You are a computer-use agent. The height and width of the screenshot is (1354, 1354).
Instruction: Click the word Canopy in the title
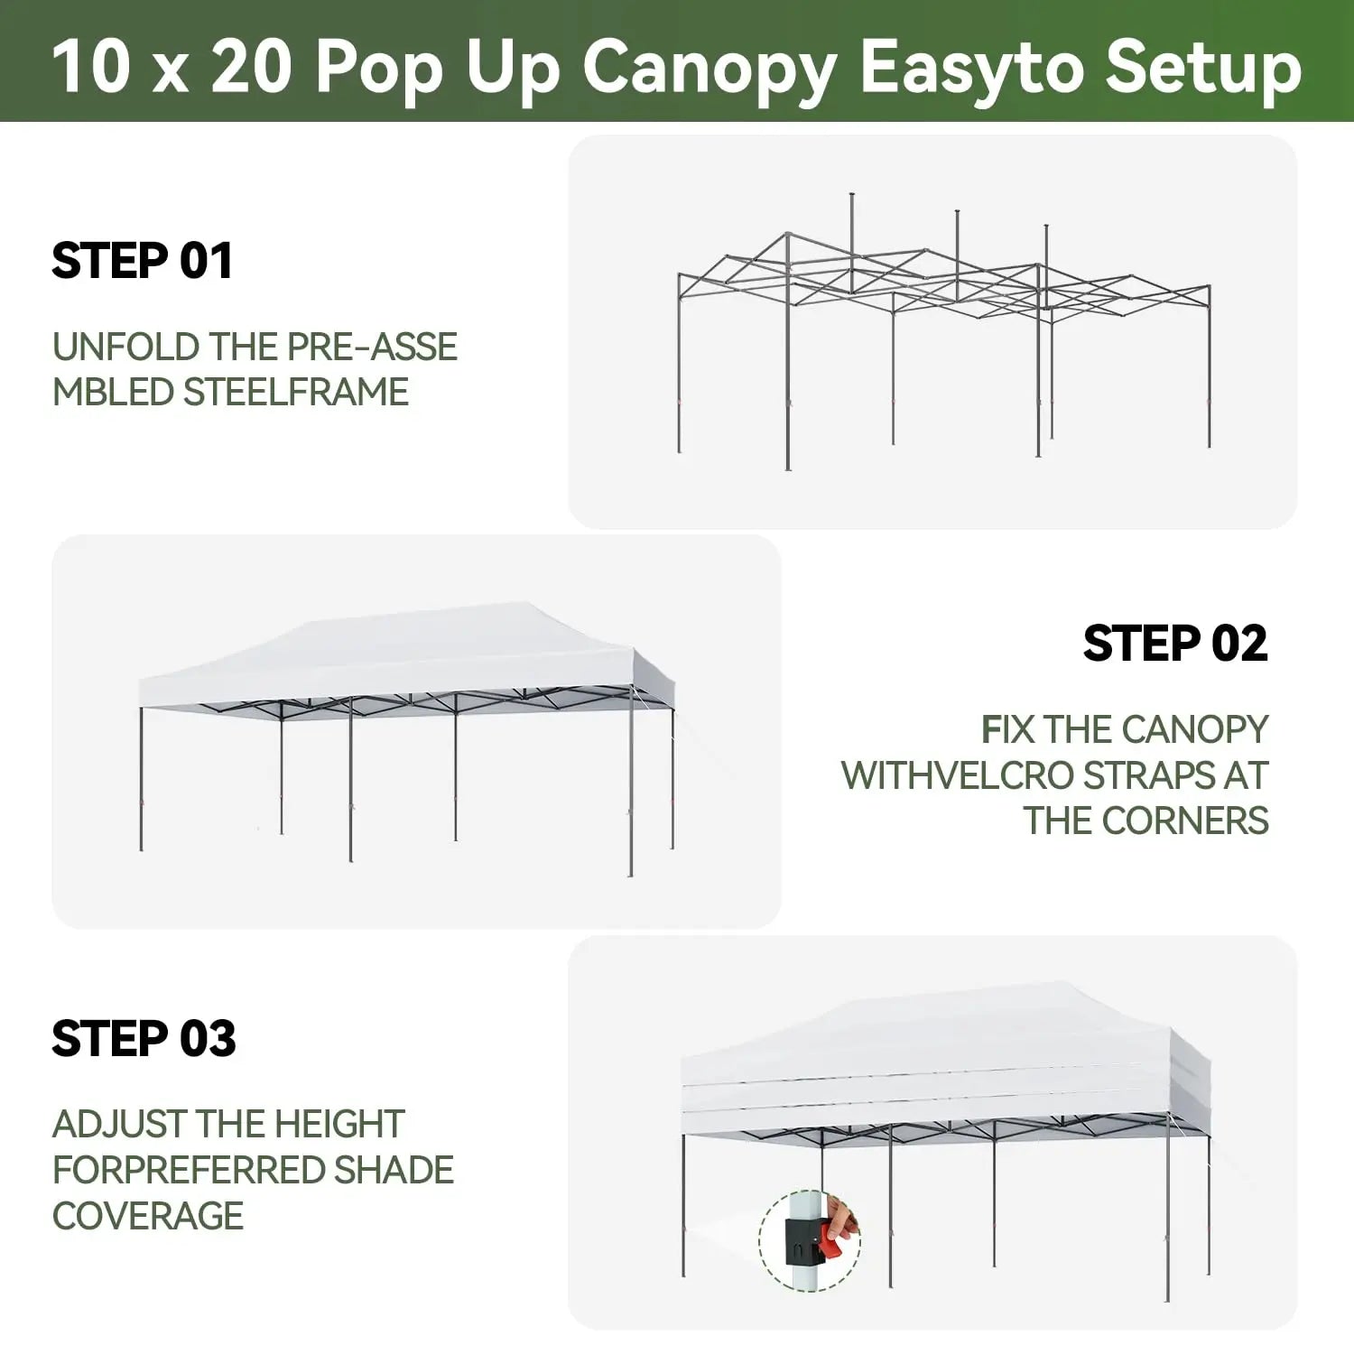click(709, 69)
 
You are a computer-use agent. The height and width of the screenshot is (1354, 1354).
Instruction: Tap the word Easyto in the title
click(971, 69)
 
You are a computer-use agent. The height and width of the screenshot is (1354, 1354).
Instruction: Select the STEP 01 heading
click(143, 261)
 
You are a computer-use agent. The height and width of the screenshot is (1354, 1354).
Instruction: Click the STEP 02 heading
click(1175, 644)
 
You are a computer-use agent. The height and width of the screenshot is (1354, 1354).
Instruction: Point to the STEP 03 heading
click(144, 1038)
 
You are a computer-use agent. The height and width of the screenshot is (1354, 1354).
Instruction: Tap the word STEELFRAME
click(296, 392)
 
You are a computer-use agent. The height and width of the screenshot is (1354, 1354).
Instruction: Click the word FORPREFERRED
click(189, 1170)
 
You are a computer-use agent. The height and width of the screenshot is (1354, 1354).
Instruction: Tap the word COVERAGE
click(148, 1216)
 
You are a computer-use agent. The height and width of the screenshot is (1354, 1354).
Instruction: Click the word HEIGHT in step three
click(339, 1124)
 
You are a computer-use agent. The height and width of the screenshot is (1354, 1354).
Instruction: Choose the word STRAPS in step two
click(1147, 775)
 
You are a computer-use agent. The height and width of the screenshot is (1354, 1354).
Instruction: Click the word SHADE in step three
click(394, 1170)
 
